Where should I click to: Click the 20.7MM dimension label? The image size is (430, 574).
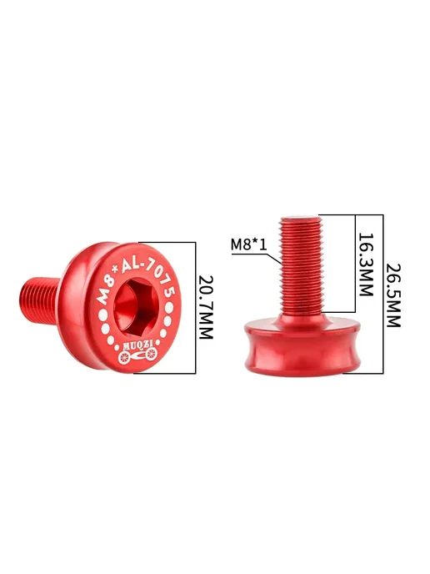[205, 307]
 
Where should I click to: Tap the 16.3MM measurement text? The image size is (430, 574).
[366, 264]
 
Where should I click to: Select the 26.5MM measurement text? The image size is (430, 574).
[394, 295]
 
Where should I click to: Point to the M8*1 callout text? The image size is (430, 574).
[249, 244]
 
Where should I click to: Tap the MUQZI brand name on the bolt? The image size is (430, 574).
[136, 345]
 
